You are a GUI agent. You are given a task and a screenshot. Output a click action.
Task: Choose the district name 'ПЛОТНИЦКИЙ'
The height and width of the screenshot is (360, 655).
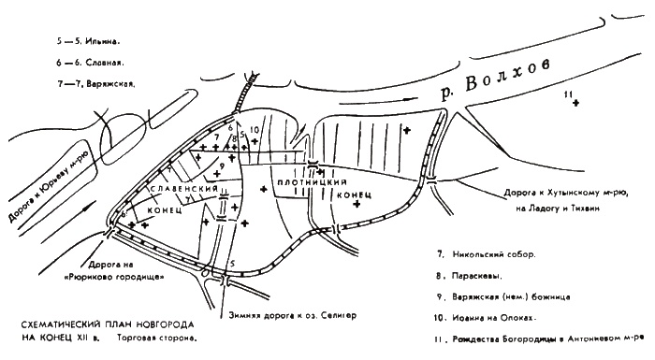321,182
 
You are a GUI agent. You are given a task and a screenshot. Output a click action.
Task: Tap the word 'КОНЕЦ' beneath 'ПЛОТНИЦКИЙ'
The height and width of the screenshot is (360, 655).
355,194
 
